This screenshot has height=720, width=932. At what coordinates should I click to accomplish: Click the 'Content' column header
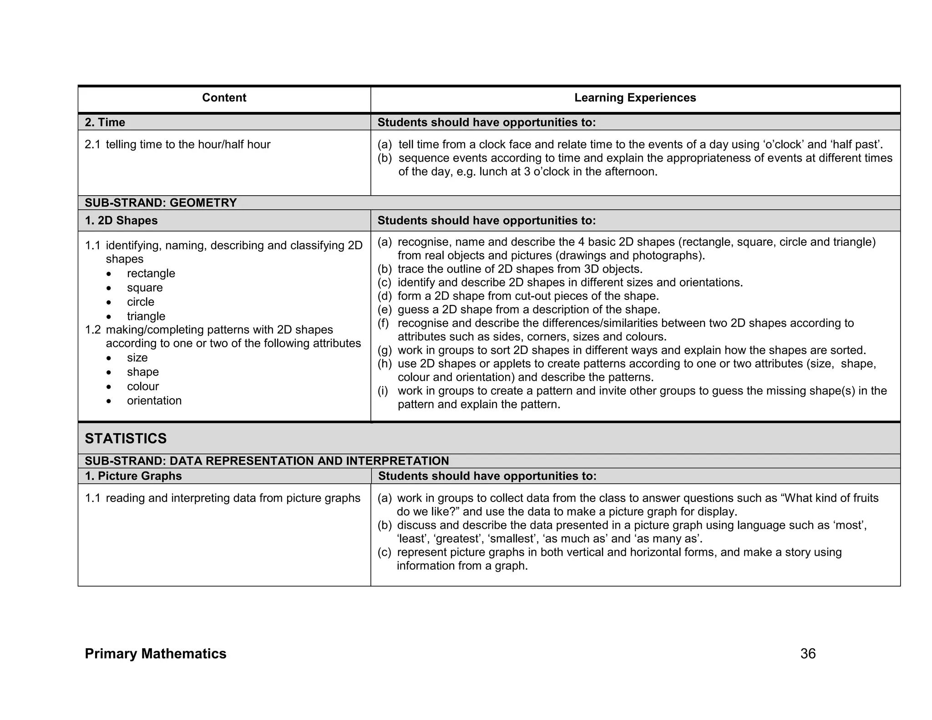coord(224,98)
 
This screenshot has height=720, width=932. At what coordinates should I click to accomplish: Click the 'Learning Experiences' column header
coord(635,98)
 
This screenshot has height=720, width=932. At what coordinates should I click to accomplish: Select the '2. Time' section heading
coord(105,122)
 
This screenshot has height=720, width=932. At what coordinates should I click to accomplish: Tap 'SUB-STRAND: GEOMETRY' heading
coord(161,203)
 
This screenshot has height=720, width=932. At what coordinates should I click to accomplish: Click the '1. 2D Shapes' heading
coord(121,221)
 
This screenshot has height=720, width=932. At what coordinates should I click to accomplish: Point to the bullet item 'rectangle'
coord(151,273)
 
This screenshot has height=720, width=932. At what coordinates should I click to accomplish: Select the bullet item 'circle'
coord(140,302)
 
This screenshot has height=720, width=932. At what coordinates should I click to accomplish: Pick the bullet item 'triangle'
coord(146,316)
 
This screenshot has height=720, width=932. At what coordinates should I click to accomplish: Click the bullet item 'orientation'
coord(154,401)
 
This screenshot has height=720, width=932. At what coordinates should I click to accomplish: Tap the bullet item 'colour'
coord(143,386)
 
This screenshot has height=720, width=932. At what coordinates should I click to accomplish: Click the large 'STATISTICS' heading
coord(126,438)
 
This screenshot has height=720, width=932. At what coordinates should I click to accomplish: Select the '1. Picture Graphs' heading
coord(133,476)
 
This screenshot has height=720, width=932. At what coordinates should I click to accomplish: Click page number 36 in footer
coord(808,654)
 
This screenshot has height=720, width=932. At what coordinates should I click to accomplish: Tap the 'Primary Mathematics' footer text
coord(155,654)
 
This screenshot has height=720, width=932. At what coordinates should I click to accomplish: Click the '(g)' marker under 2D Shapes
coord(385,350)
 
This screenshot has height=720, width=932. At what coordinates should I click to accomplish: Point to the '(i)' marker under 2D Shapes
coord(383,391)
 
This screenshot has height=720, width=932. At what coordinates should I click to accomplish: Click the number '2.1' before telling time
coord(92,145)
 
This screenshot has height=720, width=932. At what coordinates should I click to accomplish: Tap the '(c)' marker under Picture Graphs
coord(385,553)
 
